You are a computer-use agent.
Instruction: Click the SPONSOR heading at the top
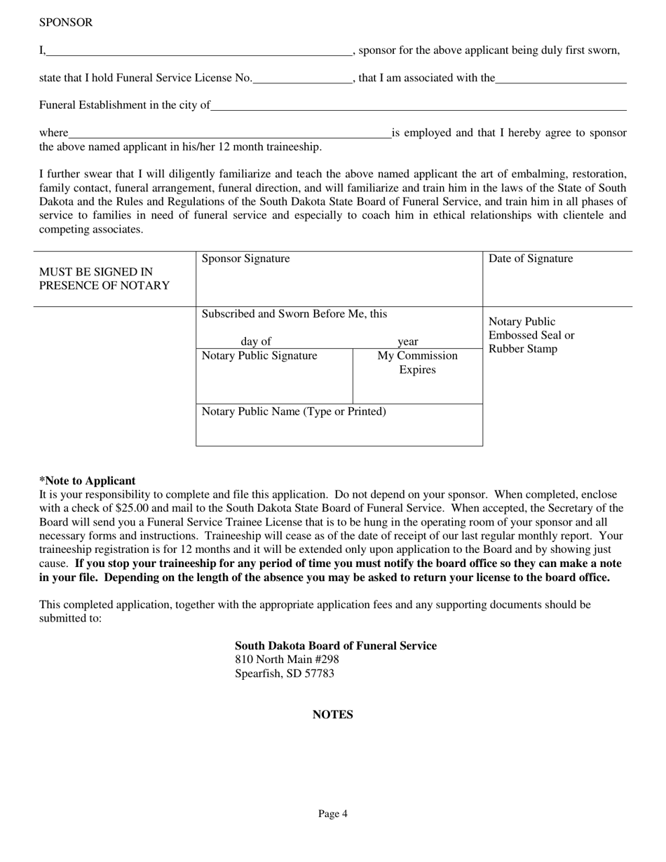coord(65,22)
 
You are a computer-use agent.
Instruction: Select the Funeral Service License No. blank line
coord(302,78)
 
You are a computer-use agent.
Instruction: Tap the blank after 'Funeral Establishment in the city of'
coord(418,106)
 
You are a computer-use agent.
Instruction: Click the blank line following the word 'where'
coord(230,133)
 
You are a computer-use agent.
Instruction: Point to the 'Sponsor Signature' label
coord(245,259)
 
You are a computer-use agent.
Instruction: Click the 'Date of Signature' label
coord(530,259)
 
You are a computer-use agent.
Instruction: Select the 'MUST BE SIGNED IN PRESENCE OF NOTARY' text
coord(104,278)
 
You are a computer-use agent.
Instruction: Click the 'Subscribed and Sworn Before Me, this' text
coord(294,314)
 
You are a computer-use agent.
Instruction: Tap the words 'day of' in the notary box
coord(256,342)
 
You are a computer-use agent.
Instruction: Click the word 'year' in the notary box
coord(408,342)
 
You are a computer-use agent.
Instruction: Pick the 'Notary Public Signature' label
coord(259,356)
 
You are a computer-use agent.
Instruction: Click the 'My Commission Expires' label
coord(417,362)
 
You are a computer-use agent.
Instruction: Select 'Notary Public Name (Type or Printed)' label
coord(294,411)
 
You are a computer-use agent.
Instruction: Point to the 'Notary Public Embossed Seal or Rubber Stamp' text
coord(531,335)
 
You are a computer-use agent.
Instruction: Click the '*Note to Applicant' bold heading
coord(87,481)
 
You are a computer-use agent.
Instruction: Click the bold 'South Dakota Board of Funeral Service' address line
coord(335,645)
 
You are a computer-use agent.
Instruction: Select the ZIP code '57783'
coord(320,673)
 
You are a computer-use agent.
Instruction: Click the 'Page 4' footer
coord(332,814)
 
